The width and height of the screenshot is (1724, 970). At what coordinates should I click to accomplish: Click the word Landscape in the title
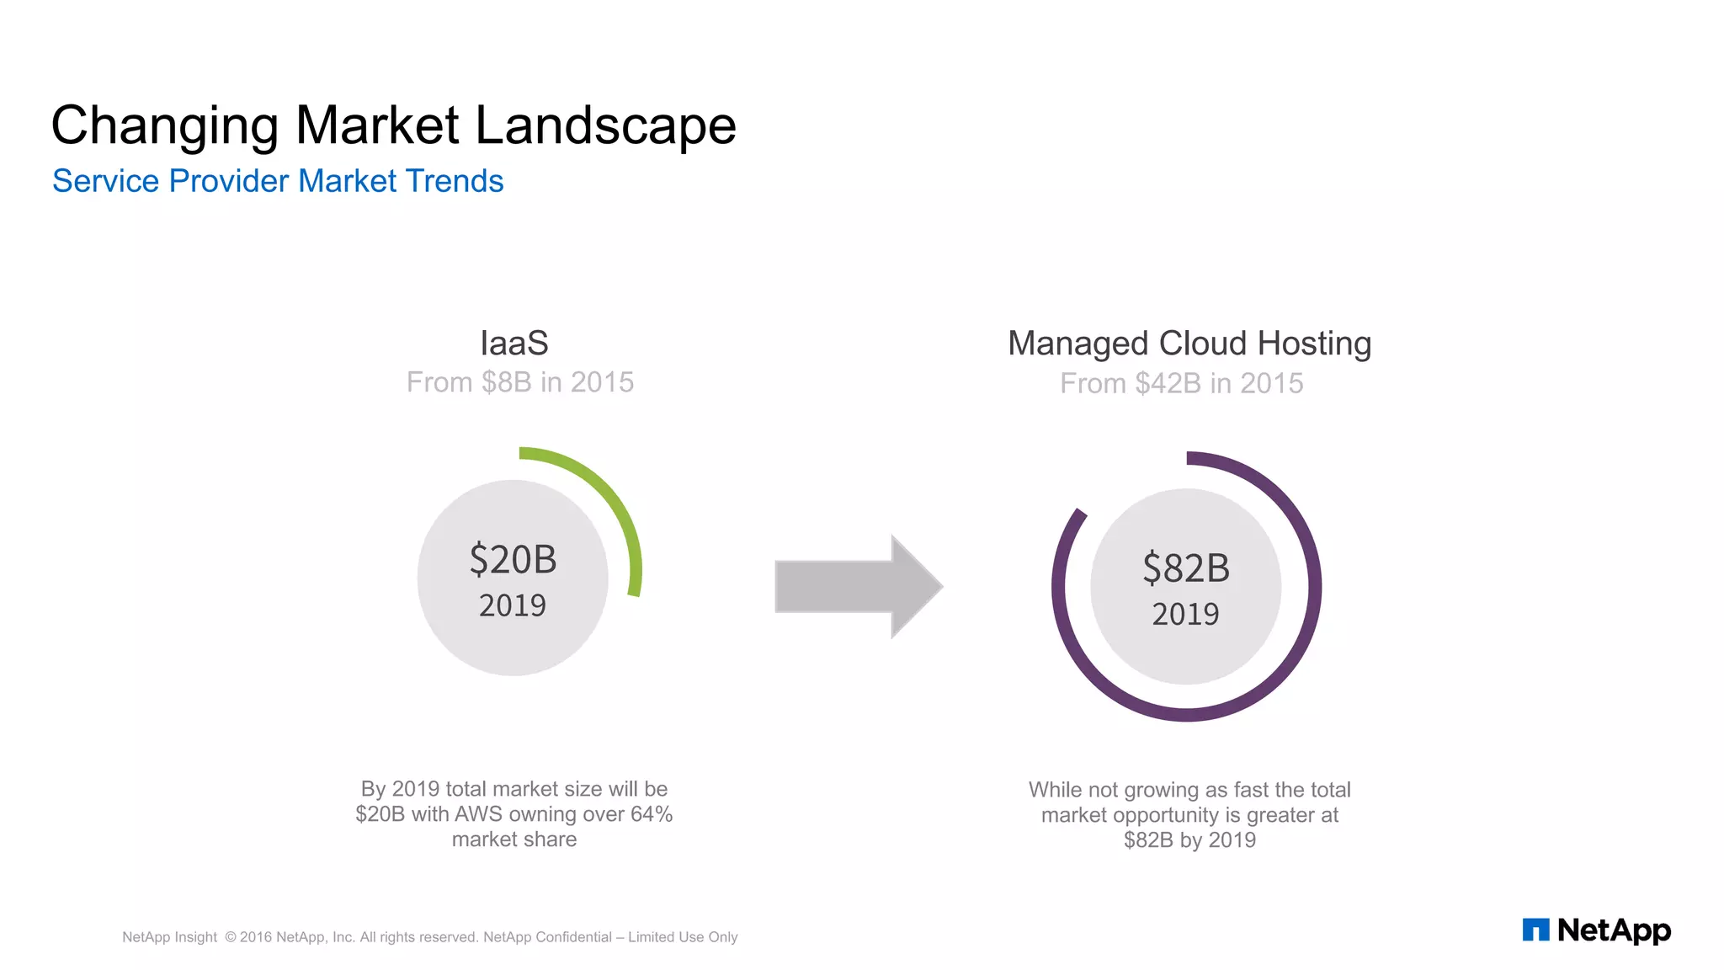click(604, 126)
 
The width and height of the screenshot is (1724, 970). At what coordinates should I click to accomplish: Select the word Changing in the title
click(164, 126)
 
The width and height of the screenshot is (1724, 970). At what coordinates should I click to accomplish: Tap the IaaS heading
click(513, 344)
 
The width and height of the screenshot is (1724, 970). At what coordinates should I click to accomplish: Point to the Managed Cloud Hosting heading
click(1189, 344)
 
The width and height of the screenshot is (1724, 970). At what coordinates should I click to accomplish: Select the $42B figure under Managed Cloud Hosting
click(1168, 384)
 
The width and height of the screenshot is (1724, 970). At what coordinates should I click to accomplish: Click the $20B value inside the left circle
click(513, 560)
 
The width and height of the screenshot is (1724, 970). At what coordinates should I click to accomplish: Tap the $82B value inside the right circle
click(1185, 568)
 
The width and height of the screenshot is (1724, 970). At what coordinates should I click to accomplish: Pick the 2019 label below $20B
click(513, 605)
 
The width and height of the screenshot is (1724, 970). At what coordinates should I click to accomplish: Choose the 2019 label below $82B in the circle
click(1185, 614)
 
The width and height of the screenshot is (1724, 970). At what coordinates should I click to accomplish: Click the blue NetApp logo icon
click(1535, 930)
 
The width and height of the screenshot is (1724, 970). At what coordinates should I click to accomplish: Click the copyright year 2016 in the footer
click(255, 937)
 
